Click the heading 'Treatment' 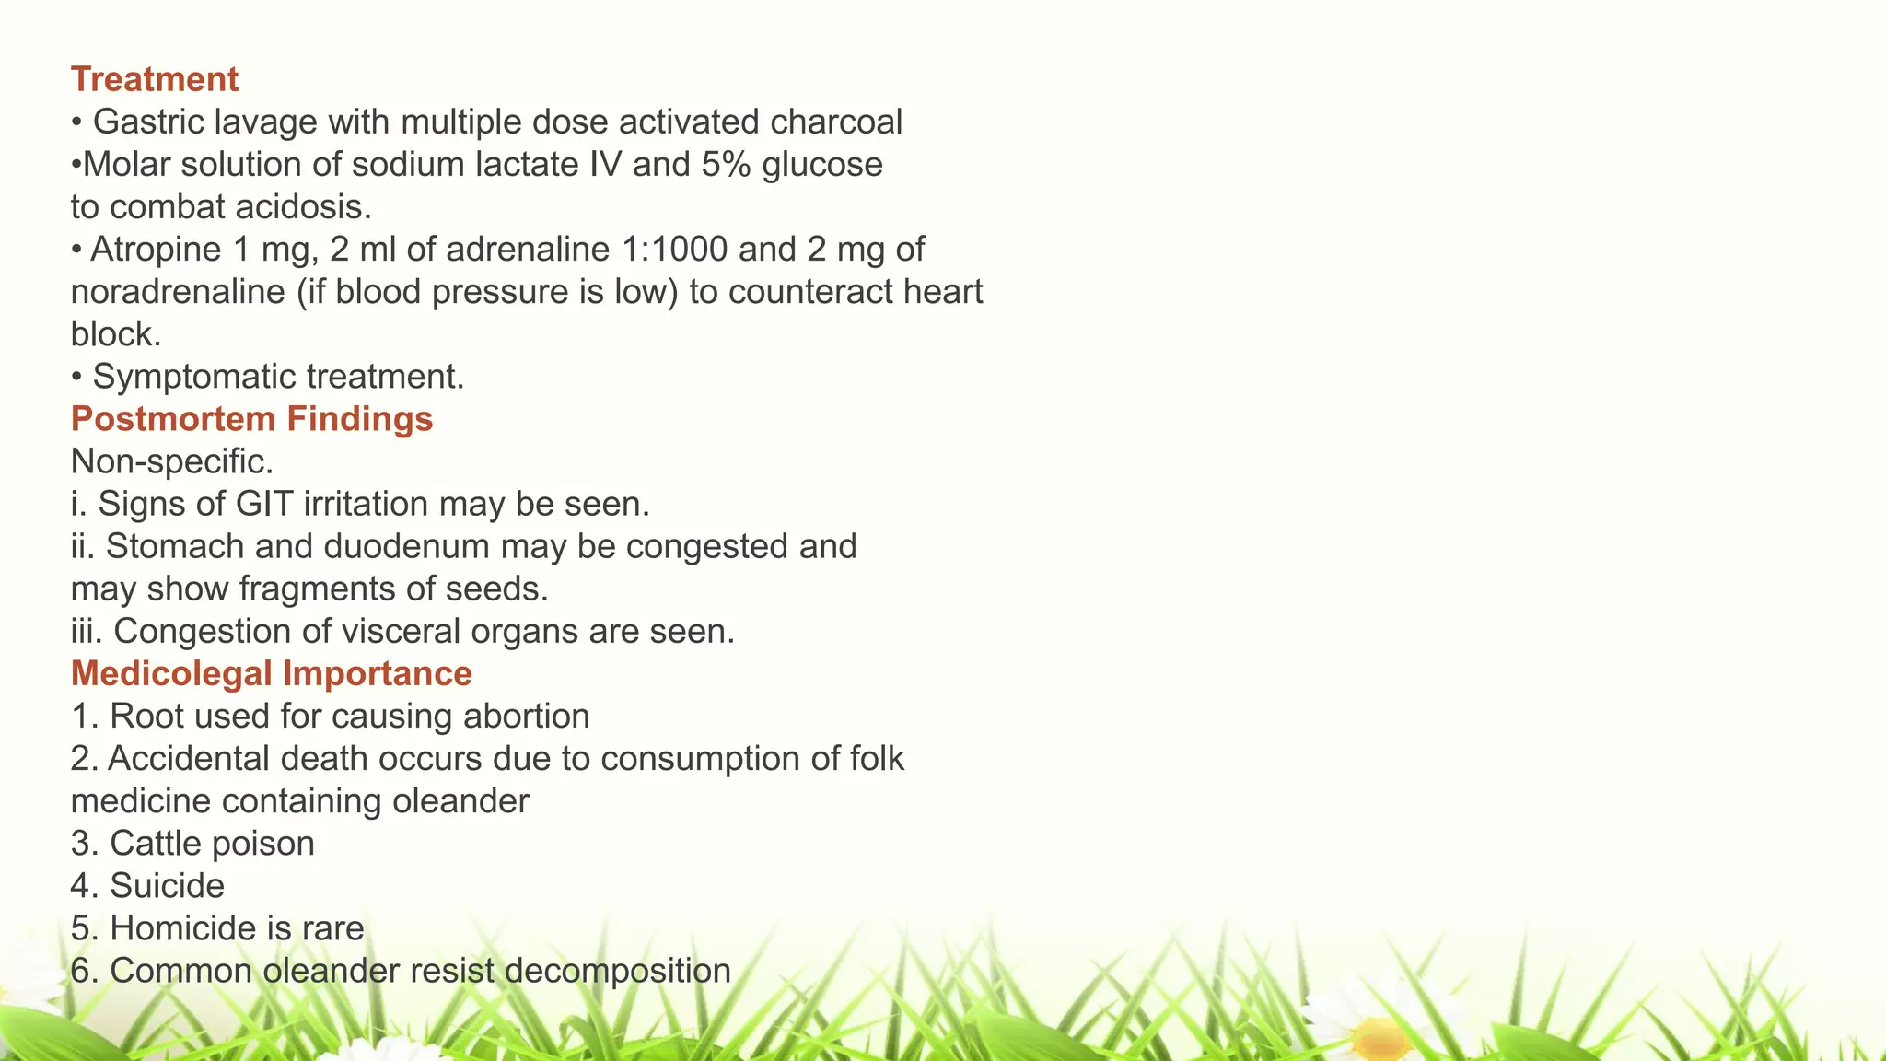155,80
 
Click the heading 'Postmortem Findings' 251,419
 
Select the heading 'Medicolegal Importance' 271,674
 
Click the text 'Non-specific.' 172,461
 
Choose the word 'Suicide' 167,886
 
